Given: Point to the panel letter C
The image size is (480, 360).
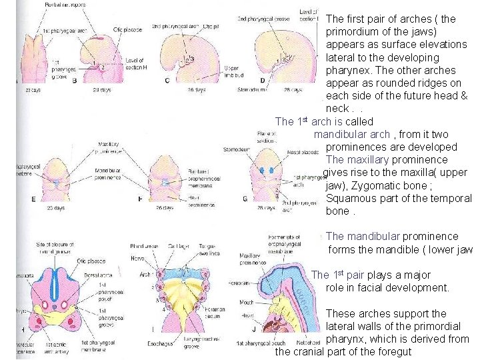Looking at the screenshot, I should coord(167,80).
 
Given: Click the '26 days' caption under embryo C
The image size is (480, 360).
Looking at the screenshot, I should coord(194,89).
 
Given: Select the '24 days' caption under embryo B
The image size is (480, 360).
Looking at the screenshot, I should coord(101,89).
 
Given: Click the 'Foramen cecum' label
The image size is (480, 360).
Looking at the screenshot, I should coord(215,312).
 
